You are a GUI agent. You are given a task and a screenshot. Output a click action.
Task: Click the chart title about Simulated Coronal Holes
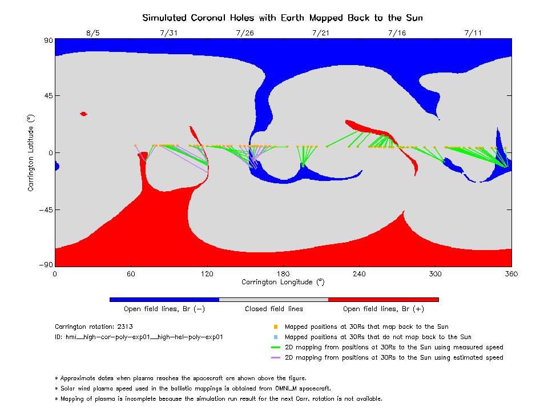[x=283, y=18]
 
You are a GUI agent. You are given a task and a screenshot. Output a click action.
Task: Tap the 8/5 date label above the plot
[x=93, y=33]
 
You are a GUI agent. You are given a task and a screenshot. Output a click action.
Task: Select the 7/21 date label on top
[x=321, y=33]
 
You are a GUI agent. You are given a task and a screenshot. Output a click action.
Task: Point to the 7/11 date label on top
[x=473, y=33]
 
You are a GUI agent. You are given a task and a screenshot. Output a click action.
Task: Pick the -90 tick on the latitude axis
[x=46, y=264]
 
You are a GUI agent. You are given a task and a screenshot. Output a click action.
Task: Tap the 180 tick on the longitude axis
[x=283, y=274]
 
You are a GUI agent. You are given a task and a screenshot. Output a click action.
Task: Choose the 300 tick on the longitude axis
[x=435, y=274]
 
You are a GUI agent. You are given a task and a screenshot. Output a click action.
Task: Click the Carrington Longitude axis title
[x=283, y=282]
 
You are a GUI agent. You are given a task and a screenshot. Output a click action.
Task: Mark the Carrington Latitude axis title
[x=31, y=153]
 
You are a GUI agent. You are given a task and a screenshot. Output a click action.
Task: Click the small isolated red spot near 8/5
[x=83, y=114]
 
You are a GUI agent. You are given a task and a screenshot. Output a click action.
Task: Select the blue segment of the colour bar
[x=164, y=300]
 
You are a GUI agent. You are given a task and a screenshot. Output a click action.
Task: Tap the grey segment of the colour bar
[x=273, y=300]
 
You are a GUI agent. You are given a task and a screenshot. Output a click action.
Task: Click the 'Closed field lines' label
[x=274, y=309]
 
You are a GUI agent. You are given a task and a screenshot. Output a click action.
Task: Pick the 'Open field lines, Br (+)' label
[x=384, y=309]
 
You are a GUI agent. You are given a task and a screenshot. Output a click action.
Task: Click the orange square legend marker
[x=276, y=327]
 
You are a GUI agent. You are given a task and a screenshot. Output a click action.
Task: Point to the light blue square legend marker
[x=276, y=337]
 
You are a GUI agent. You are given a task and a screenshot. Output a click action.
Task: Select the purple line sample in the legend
[x=276, y=357]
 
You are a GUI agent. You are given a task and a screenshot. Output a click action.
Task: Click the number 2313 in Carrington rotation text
[x=125, y=327]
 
